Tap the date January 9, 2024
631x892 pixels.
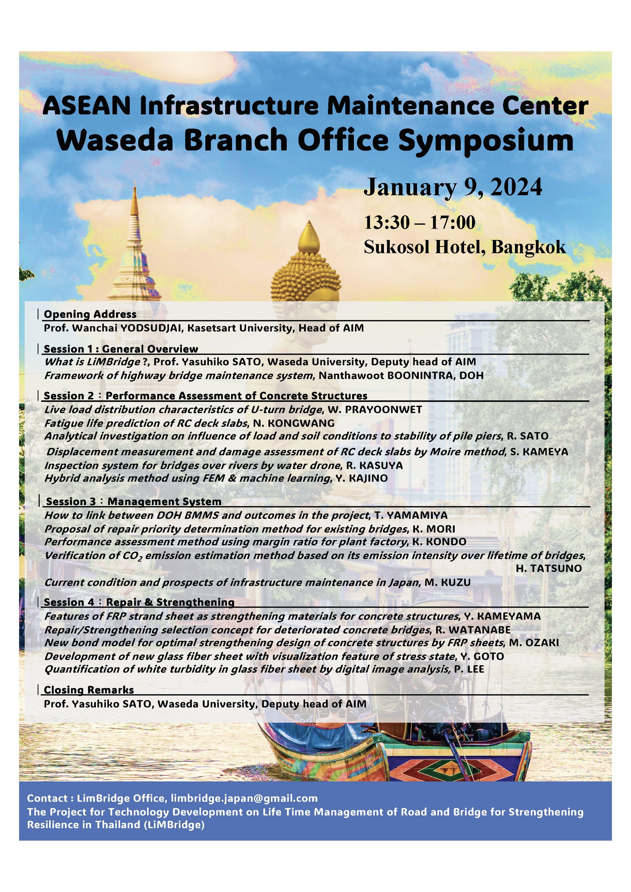pyautogui.click(x=453, y=188)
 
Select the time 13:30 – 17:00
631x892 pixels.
pyautogui.click(x=420, y=223)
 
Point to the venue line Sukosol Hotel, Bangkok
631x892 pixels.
pyautogui.click(x=465, y=247)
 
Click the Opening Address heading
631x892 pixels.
pyautogui.click(x=90, y=314)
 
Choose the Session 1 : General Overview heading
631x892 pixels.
pyautogui.click(x=121, y=349)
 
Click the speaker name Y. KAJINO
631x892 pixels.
pyautogui.click(x=362, y=478)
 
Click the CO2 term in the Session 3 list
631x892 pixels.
pyautogui.click(x=133, y=556)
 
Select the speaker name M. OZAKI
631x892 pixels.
pyautogui.click(x=534, y=643)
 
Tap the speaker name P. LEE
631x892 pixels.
pyautogui.click(x=469, y=669)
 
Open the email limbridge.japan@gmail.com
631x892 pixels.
pyautogui.click(x=244, y=795)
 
